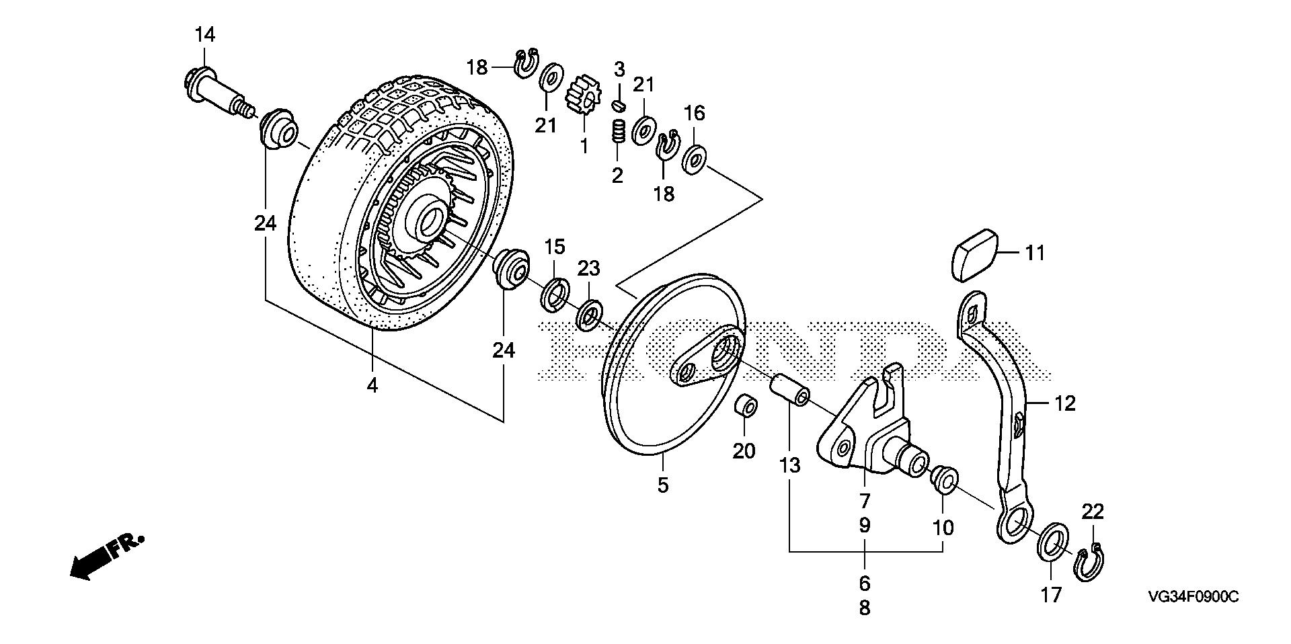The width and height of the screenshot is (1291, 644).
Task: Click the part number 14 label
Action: pos(205,35)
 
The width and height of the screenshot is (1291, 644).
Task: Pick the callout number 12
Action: pos(1065,403)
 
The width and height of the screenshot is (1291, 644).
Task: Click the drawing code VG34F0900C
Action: pos(1193,597)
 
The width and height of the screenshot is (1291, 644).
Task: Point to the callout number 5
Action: pos(663,485)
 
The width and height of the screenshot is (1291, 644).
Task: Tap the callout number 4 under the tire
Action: pos(373,387)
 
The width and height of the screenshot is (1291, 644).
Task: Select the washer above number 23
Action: pos(590,313)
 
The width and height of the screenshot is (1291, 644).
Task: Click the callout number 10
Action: pos(943,528)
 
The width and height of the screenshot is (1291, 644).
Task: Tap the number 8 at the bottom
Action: pos(865,608)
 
